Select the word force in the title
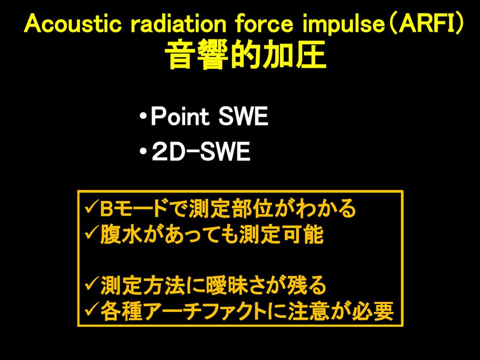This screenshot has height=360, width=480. (x=264, y=24)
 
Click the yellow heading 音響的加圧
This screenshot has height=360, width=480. (x=245, y=55)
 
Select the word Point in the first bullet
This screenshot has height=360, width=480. (x=180, y=116)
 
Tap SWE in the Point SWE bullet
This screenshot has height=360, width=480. (x=243, y=116)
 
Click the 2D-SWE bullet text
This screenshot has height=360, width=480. (x=201, y=151)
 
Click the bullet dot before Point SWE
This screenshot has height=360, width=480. (x=142, y=117)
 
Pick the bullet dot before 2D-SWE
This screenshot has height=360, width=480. (x=142, y=151)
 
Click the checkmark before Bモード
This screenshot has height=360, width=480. (x=91, y=208)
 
